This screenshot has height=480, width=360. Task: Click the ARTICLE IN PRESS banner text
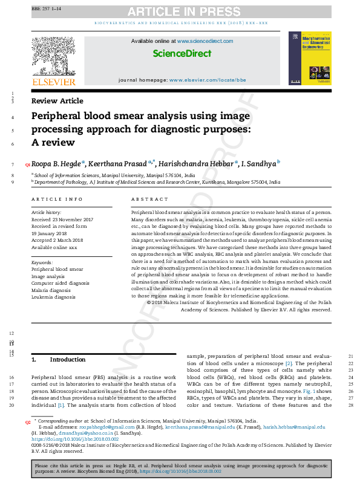(x=180, y=12)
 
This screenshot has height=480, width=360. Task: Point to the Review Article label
(x=57, y=101)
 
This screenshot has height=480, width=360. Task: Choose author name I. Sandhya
(x=257, y=164)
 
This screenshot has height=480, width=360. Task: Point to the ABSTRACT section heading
(x=149, y=199)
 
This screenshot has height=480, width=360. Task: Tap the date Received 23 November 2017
(x=62, y=219)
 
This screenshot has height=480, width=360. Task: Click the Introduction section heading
(x=67, y=360)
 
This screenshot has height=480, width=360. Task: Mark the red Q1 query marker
(x=27, y=164)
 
